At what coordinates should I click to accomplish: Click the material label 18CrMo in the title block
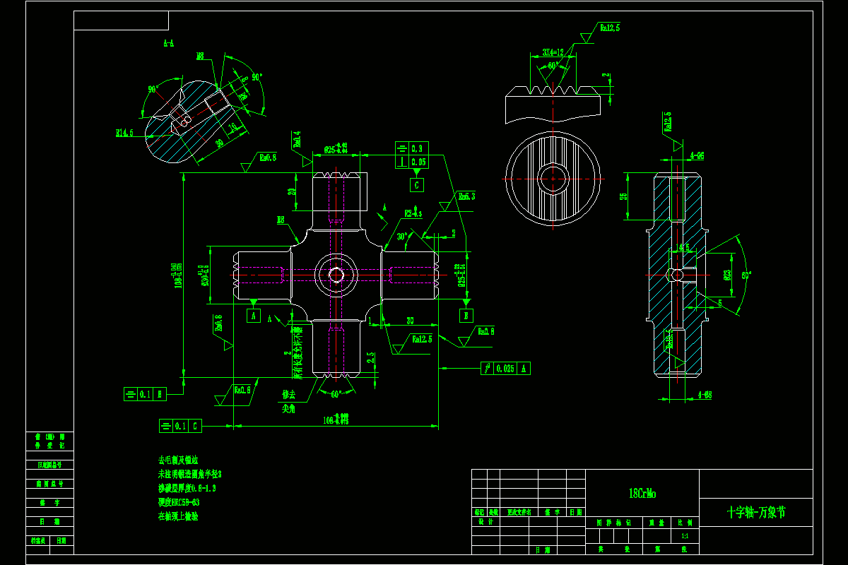(642, 494)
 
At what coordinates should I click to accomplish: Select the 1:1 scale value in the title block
(684, 536)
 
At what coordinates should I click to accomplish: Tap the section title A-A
(168, 43)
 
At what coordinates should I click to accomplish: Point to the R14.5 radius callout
(124, 132)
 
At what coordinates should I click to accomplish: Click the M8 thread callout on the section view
(200, 55)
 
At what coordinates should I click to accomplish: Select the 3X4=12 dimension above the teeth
(553, 52)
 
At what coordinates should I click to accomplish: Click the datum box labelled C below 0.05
(418, 185)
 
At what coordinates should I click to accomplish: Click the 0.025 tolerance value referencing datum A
(505, 368)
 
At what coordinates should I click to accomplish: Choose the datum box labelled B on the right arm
(466, 315)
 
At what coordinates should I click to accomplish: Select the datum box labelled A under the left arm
(254, 316)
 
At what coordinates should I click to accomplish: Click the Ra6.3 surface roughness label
(466, 196)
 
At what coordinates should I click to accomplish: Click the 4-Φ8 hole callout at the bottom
(704, 394)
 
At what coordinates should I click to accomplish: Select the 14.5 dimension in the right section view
(683, 248)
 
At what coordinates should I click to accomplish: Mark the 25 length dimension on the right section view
(623, 196)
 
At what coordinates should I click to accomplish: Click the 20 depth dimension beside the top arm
(292, 191)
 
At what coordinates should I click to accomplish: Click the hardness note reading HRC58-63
(179, 502)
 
